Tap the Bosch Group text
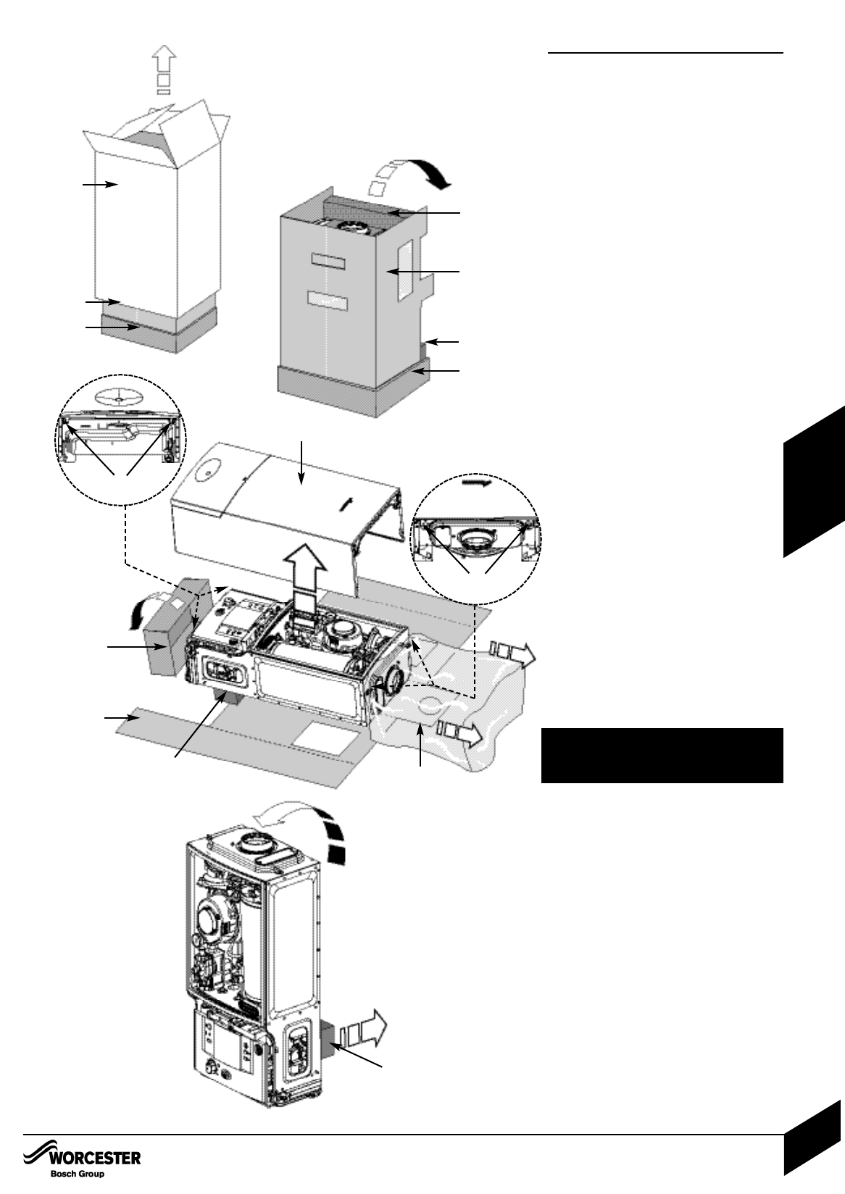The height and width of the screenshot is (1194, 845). tap(78, 1174)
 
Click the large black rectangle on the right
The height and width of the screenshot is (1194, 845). tap(662, 756)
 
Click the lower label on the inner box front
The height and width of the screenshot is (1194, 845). tap(328, 300)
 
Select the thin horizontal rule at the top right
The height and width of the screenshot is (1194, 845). tap(665, 53)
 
